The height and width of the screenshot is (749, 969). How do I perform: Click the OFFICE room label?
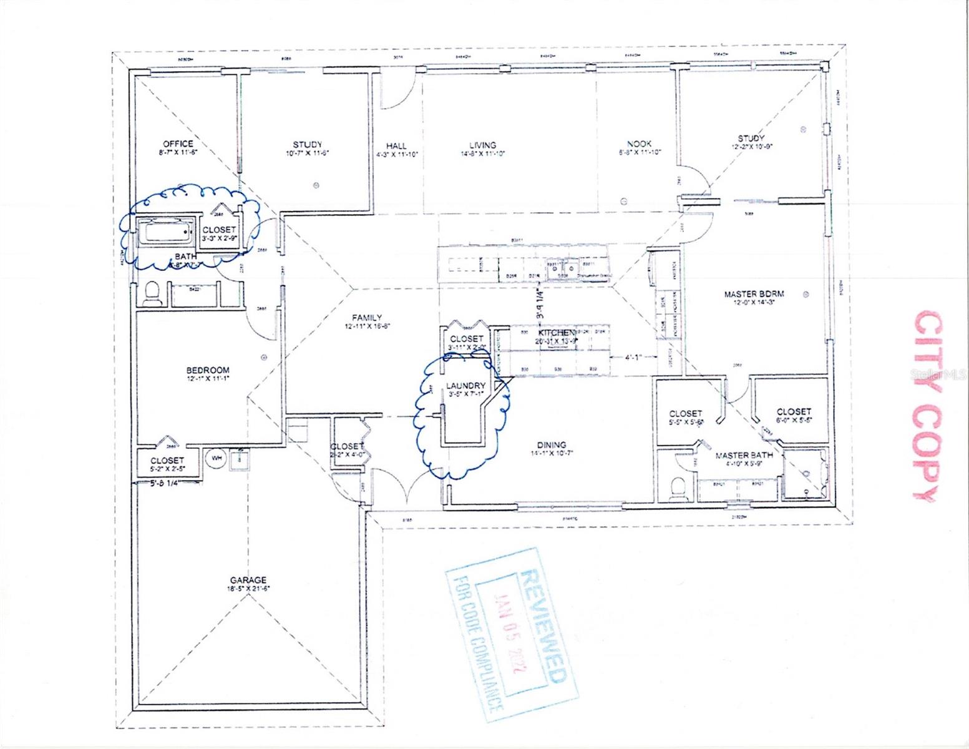178,144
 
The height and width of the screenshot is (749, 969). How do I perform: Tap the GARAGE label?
248,579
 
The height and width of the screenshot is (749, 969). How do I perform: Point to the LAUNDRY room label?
465,386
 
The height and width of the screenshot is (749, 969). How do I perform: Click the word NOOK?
640,144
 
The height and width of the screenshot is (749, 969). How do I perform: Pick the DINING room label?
551,445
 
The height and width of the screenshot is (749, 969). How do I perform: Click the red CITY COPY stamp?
927,406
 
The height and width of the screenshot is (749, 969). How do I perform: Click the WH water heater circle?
217,458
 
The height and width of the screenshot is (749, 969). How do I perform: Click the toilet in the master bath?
676,486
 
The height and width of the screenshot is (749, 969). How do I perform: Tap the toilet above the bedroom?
152,292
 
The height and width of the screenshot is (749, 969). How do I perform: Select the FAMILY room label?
366,317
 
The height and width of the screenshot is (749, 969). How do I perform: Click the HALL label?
396,145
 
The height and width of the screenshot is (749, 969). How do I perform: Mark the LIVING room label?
482,145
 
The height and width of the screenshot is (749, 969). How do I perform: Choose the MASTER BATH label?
744,455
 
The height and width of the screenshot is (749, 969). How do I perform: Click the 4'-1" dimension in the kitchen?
636,358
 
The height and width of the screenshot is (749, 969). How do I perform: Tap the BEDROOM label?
208,370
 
